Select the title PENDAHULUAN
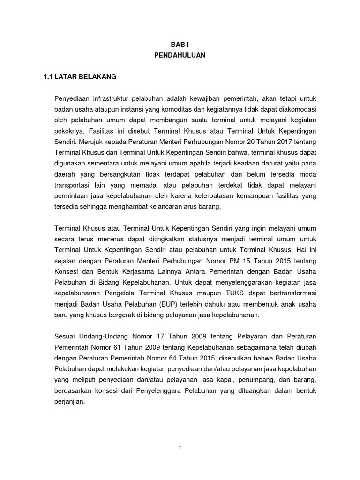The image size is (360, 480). tap(180, 55)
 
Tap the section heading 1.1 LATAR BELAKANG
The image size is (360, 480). tap(80, 76)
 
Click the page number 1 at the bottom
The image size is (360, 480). tap(180, 448)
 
